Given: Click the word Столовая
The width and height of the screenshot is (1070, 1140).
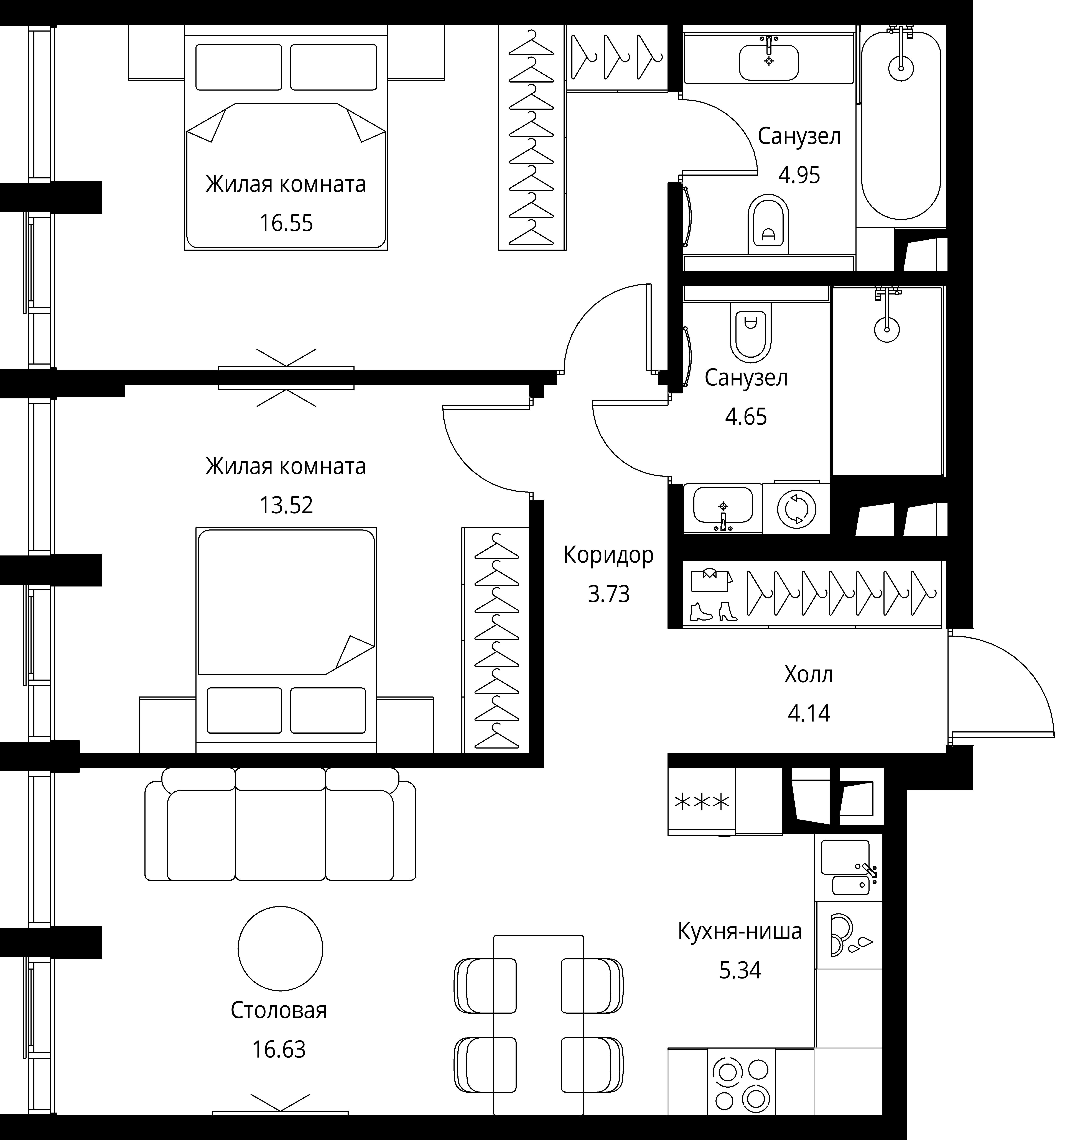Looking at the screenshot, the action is point(279,1010).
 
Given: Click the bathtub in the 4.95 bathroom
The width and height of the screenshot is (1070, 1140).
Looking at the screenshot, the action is point(901,125).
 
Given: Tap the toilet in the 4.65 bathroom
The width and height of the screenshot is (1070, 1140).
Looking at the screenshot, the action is point(750,333).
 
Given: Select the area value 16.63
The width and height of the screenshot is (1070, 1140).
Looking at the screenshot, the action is point(279,1049).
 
